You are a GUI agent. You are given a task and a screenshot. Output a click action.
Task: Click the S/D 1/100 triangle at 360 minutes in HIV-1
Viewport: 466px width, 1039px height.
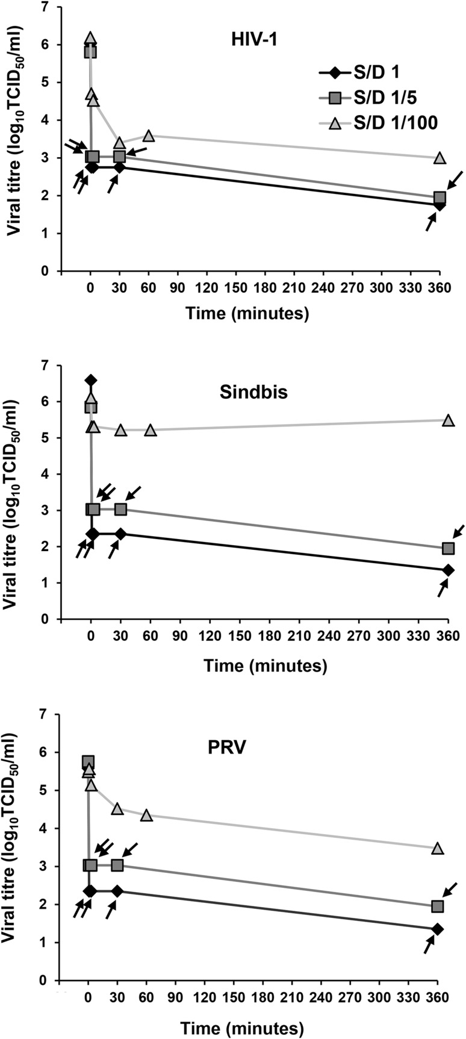click(440, 158)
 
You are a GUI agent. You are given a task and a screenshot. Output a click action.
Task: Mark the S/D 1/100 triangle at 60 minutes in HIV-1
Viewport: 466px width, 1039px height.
click(149, 136)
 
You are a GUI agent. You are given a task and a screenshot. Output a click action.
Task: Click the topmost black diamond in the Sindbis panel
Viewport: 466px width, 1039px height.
click(91, 380)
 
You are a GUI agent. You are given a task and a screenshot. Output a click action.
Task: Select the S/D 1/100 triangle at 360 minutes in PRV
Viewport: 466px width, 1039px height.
click(438, 848)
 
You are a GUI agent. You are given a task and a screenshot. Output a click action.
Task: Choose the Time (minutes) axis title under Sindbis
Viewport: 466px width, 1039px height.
click(266, 666)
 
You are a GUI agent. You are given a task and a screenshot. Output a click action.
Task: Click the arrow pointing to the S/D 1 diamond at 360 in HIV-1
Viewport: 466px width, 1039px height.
click(430, 222)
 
